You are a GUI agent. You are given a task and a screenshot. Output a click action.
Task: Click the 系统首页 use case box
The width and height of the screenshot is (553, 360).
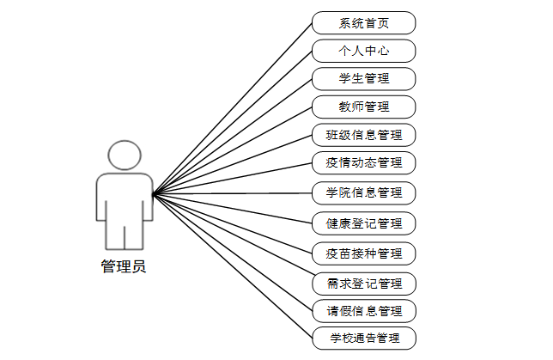coord(364,22)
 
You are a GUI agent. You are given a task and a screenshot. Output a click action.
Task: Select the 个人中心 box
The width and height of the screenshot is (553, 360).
coord(364,51)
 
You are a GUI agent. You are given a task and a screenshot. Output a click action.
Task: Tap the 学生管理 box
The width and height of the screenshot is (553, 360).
coord(364,79)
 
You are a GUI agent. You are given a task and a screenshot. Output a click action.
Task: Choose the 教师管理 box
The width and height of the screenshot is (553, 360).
coord(364,107)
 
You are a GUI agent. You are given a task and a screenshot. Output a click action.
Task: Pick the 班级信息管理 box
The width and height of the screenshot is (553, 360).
coord(364,135)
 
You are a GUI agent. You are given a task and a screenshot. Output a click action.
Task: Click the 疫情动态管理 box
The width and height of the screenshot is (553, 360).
coord(364,162)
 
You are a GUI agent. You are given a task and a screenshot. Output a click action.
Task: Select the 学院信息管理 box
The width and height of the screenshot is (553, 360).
coord(364,192)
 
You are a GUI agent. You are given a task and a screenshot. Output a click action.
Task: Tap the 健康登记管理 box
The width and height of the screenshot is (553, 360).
coord(364,223)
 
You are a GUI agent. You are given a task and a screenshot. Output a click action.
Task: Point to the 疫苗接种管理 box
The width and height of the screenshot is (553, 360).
coord(364,253)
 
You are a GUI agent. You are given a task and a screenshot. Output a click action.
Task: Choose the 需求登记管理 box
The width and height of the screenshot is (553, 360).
coord(364,283)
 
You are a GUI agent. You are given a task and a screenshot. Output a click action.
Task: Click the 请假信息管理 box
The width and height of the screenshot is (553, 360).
coord(364,310)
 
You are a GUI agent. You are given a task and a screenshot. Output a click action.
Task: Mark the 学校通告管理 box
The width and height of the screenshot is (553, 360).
coord(364,338)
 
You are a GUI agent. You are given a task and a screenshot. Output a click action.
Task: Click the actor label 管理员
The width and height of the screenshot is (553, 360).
coord(124,266)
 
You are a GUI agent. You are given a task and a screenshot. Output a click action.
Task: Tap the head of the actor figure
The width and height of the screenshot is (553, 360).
coord(124,156)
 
